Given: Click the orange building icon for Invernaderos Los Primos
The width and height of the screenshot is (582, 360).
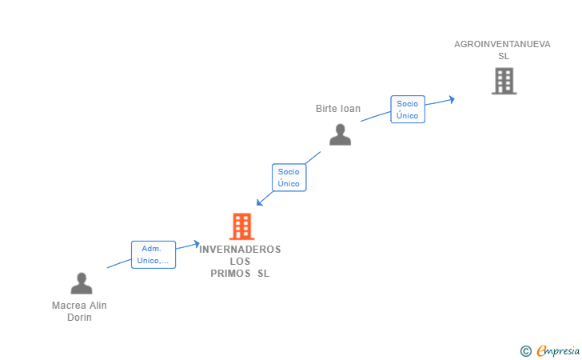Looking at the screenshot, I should pos(241,226).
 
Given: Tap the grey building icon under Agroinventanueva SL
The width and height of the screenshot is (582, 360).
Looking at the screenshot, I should pos(504,81).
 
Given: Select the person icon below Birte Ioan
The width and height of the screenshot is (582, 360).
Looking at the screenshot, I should pos(341,134).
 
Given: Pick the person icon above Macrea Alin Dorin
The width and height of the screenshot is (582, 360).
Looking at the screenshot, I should pos(82,283).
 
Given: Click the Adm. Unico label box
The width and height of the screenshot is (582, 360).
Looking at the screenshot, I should pos(153,254).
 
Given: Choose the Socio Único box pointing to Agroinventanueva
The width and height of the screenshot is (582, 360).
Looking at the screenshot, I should pos(408,110).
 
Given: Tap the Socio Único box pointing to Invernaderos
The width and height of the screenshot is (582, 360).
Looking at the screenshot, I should pos(289,178).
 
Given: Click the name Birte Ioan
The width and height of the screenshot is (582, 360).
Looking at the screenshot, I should pos(338,109).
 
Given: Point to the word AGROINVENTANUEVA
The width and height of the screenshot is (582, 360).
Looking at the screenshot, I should pos(502,44).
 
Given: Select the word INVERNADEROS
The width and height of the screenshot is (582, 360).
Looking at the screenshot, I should pos(240,250).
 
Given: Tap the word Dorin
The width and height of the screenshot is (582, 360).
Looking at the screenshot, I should pos(79,318).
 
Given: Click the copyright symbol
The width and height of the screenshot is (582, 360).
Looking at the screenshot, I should pos(525,350).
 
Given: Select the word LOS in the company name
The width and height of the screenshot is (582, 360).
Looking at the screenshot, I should pos(240,262).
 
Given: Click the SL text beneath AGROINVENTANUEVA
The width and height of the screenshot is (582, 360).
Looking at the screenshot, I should pos(503,56).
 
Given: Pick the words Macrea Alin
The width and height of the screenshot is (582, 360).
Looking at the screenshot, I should pos(79,306).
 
